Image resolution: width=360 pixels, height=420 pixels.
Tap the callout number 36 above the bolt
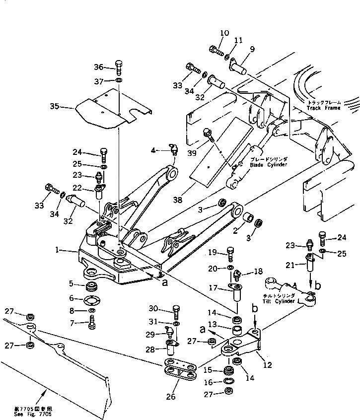click(x=99, y=67)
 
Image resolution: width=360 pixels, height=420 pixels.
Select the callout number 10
click(x=224, y=33)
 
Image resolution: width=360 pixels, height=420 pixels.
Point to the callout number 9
click(x=252, y=49)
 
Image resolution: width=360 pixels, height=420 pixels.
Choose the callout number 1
click(x=58, y=251)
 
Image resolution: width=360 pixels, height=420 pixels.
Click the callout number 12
click(x=267, y=365)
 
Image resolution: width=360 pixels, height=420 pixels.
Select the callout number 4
click(x=154, y=149)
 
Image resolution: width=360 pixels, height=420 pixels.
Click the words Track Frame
click(x=323, y=107)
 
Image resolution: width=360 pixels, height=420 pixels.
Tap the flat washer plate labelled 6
click(x=91, y=299)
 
